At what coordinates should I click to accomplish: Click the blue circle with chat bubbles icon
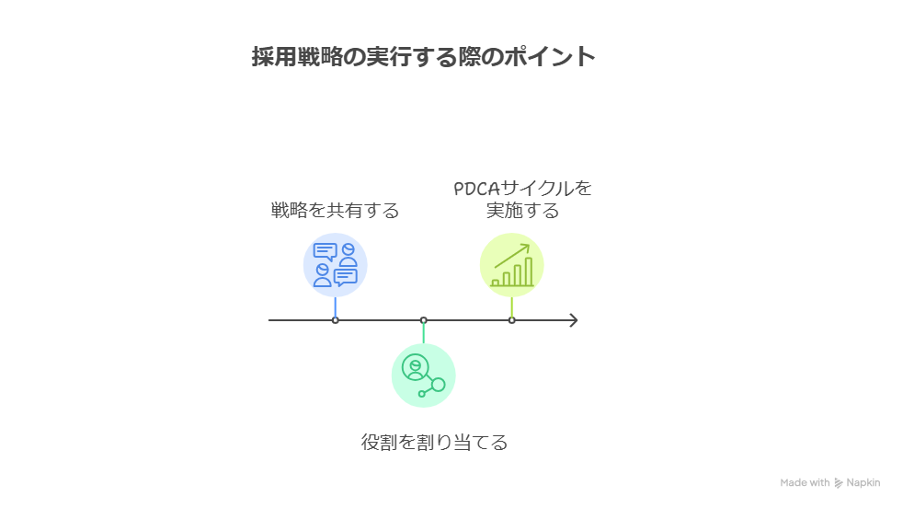(x=335, y=265)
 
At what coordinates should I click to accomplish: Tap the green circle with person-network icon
(x=423, y=375)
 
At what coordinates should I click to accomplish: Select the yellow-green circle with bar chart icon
(x=511, y=265)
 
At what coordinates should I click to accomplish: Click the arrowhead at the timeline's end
(x=574, y=320)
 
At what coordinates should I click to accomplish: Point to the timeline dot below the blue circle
(x=335, y=320)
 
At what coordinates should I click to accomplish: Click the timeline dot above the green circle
(x=423, y=320)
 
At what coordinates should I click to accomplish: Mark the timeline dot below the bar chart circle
(x=511, y=320)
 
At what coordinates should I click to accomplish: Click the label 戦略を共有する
(x=335, y=211)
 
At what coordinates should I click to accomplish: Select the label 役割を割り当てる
(x=433, y=443)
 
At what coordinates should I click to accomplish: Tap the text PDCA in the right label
(x=477, y=189)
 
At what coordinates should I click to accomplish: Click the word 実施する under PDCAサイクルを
(x=522, y=211)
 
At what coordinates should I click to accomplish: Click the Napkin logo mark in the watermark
(x=839, y=483)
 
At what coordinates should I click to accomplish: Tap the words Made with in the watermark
(x=805, y=483)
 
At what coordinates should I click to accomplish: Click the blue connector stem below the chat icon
(x=335, y=308)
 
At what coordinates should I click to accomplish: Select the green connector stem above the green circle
(x=423, y=332)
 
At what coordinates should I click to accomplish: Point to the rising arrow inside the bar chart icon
(x=512, y=254)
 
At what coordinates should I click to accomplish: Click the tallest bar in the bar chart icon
(x=529, y=271)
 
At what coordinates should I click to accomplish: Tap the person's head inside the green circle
(x=416, y=364)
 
